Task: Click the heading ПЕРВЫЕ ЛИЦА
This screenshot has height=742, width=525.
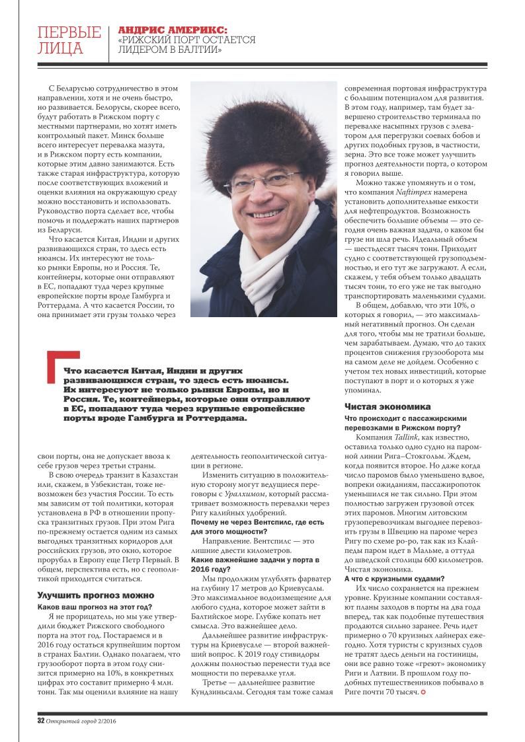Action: point(69,40)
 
